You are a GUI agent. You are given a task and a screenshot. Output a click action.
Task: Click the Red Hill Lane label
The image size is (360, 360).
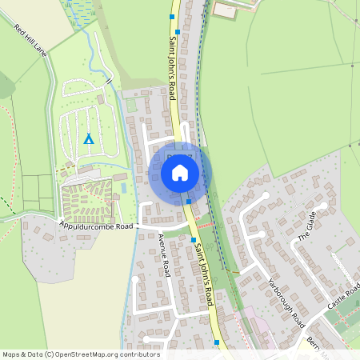coord(31,40)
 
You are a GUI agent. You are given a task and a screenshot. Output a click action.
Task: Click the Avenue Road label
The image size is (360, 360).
coord(164,257)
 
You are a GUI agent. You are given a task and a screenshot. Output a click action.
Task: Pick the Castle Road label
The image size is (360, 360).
coord(345,296)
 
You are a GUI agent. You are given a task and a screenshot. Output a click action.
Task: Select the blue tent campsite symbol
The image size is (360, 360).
coord(89,138)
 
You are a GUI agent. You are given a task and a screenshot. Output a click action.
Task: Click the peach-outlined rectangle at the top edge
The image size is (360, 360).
coord(225,10)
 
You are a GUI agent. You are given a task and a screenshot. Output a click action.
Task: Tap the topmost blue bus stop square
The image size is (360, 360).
coord(172,15)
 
